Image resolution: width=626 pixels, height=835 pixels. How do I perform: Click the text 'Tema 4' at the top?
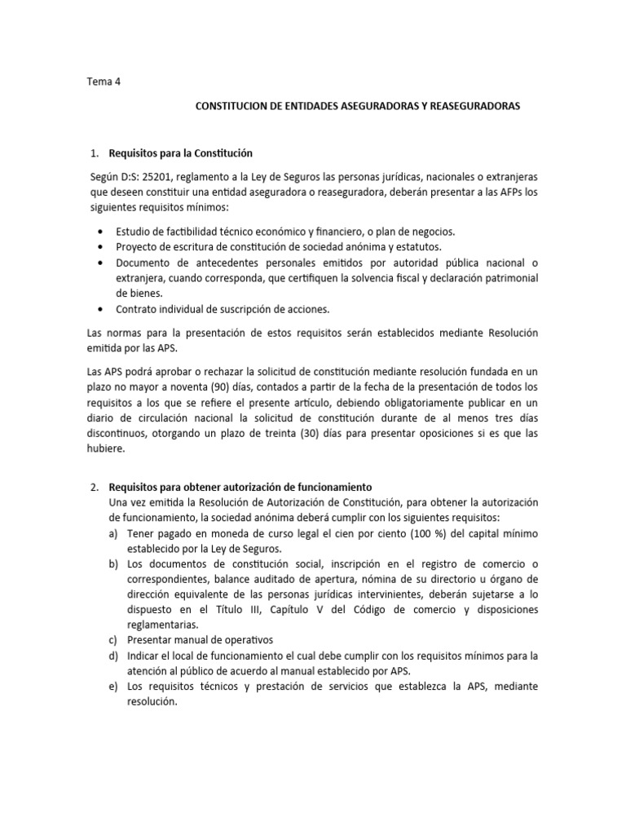click(103, 82)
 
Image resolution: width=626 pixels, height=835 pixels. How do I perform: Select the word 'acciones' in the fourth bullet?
click(308, 310)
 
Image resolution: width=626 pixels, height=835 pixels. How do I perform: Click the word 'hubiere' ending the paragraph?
click(105, 449)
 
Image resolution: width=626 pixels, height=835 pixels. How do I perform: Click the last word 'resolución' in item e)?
click(152, 702)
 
